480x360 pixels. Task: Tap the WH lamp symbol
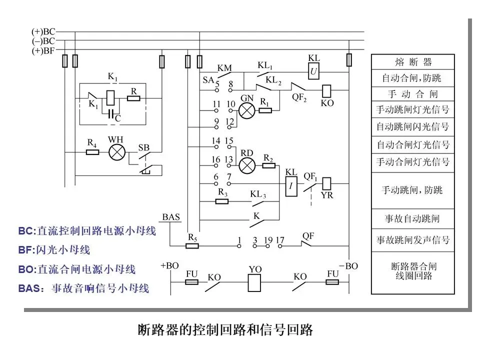117,152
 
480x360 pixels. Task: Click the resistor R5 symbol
192,245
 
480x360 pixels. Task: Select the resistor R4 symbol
92,151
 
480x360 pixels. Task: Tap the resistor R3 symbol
222,201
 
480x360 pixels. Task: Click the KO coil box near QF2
327,90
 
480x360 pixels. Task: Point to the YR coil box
327,183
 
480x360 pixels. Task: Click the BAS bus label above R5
171,218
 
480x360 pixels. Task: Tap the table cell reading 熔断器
412,62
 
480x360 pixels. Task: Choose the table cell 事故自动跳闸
412,219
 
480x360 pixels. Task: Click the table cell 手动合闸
412,94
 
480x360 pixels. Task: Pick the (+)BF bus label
43,50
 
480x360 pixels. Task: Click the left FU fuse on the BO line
192,282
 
